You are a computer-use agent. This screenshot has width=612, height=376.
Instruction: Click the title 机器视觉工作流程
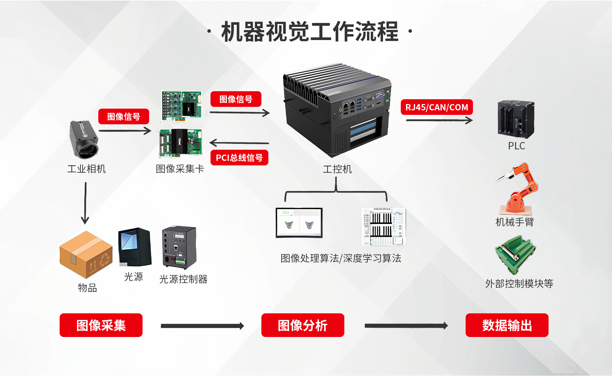click(x=309, y=32)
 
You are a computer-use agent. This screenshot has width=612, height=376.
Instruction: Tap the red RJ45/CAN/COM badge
click(x=437, y=107)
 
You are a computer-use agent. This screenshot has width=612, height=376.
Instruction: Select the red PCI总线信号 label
click(x=239, y=158)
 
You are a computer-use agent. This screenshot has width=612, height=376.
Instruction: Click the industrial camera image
click(x=84, y=139)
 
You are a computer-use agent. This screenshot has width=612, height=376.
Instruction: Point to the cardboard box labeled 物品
click(x=86, y=254)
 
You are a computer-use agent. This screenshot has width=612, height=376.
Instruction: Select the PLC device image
click(x=516, y=119)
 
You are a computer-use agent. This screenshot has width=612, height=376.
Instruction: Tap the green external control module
click(x=515, y=254)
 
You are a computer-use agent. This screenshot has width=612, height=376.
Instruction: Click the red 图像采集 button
click(x=101, y=325)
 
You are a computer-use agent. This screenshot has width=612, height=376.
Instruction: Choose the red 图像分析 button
click(x=303, y=325)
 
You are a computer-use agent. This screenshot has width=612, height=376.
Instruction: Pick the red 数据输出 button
click(x=507, y=325)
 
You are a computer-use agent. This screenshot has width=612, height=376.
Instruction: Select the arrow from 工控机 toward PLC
click(x=439, y=120)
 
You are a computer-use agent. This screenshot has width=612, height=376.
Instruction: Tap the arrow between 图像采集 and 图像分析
click(x=202, y=326)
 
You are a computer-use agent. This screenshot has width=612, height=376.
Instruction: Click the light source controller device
click(x=179, y=247)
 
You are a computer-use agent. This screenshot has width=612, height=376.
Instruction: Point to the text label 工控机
click(x=337, y=169)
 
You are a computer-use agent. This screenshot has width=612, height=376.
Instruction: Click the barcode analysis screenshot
click(x=383, y=226)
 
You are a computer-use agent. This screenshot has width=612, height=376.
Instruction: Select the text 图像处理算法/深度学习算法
click(x=341, y=258)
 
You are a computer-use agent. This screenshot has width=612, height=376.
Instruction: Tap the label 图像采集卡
click(x=180, y=169)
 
